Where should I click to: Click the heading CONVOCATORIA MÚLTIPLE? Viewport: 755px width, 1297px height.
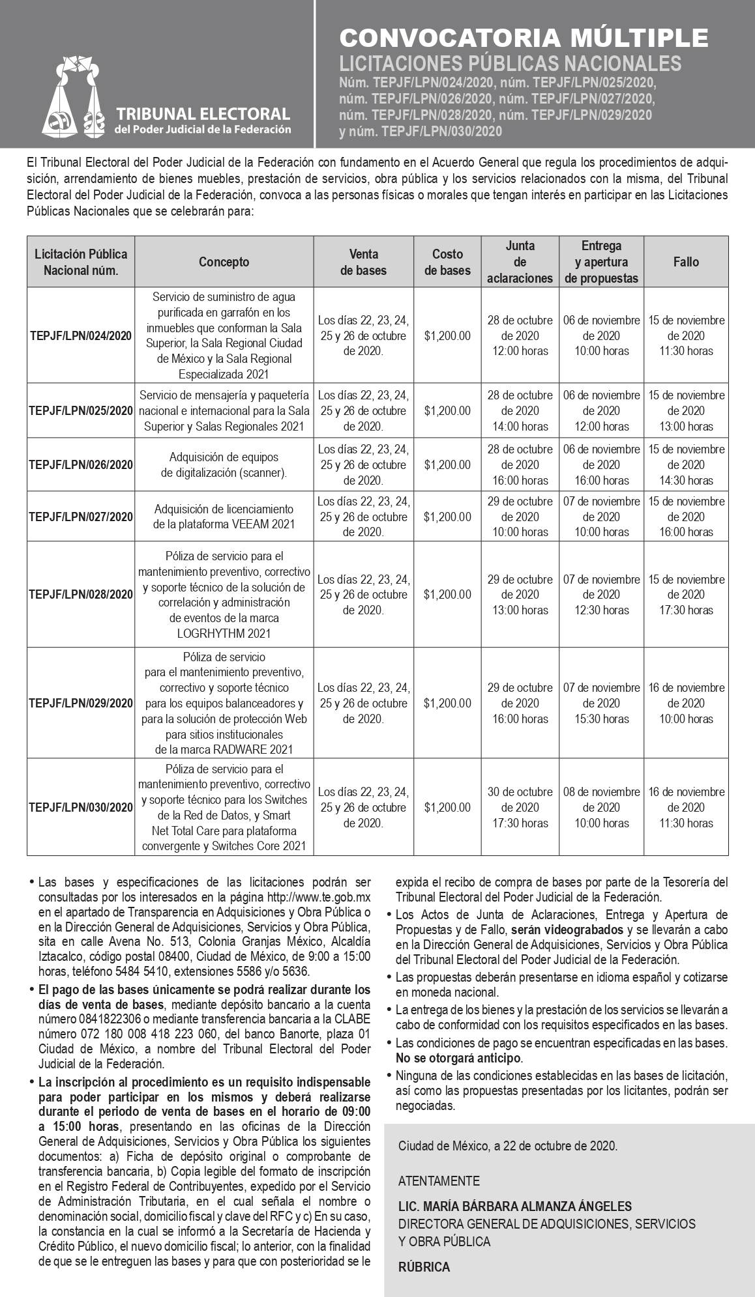524,38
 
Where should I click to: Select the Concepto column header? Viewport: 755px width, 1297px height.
224,262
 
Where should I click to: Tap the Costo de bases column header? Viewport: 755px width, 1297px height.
447,262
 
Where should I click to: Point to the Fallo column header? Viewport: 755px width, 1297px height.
686,262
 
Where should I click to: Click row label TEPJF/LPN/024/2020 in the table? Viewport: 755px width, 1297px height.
81,335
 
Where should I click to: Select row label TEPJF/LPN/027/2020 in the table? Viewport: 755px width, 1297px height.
81,517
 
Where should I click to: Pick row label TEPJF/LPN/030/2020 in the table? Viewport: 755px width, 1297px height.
81,807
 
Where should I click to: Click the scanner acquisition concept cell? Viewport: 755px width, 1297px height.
224,464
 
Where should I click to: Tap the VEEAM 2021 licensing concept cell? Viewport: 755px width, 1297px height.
224,517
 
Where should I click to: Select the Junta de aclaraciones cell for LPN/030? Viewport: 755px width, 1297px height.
520,807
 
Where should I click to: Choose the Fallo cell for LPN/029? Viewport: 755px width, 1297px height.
686,703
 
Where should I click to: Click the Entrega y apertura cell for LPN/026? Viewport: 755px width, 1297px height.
601,464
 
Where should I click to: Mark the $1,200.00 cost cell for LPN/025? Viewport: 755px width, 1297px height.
447,410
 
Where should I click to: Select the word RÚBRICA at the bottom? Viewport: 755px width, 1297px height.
424,1267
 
